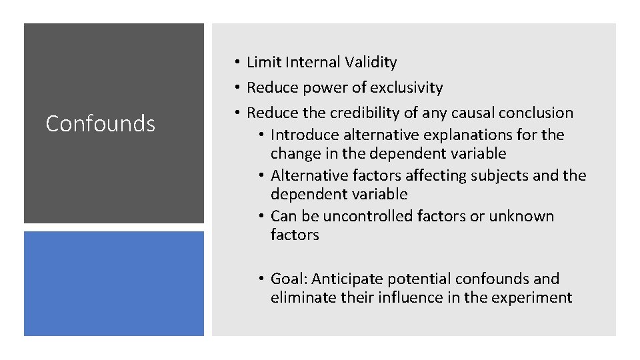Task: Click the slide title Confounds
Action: click(100, 123)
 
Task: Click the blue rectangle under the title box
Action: click(114, 283)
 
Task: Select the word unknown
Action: click(521, 216)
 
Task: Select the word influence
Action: click(410, 297)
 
